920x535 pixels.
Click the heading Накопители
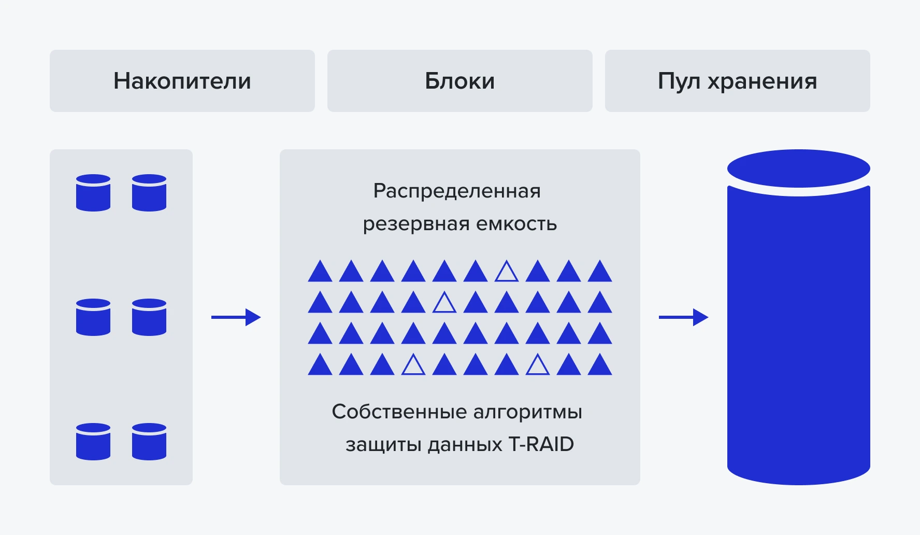[182, 81]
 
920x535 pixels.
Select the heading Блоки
[459, 81]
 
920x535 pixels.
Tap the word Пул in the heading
[679, 81]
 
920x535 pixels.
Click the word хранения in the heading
[762, 81]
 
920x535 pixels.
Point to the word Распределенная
[457, 191]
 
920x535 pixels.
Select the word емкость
[516, 224]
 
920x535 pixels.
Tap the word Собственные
[399, 412]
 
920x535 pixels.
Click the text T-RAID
[541, 444]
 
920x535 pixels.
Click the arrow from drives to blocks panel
[236, 317]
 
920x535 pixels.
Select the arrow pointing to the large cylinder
[683, 317]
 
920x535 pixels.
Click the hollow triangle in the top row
[507, 272]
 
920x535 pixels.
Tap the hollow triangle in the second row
[444, 303]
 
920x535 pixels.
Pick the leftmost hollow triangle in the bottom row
[413, 365]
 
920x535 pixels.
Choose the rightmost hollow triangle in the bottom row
[538, 365]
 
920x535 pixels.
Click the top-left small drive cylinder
[93, 193]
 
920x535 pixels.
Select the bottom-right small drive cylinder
[149, 442]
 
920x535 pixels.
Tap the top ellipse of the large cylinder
[798, 168]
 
